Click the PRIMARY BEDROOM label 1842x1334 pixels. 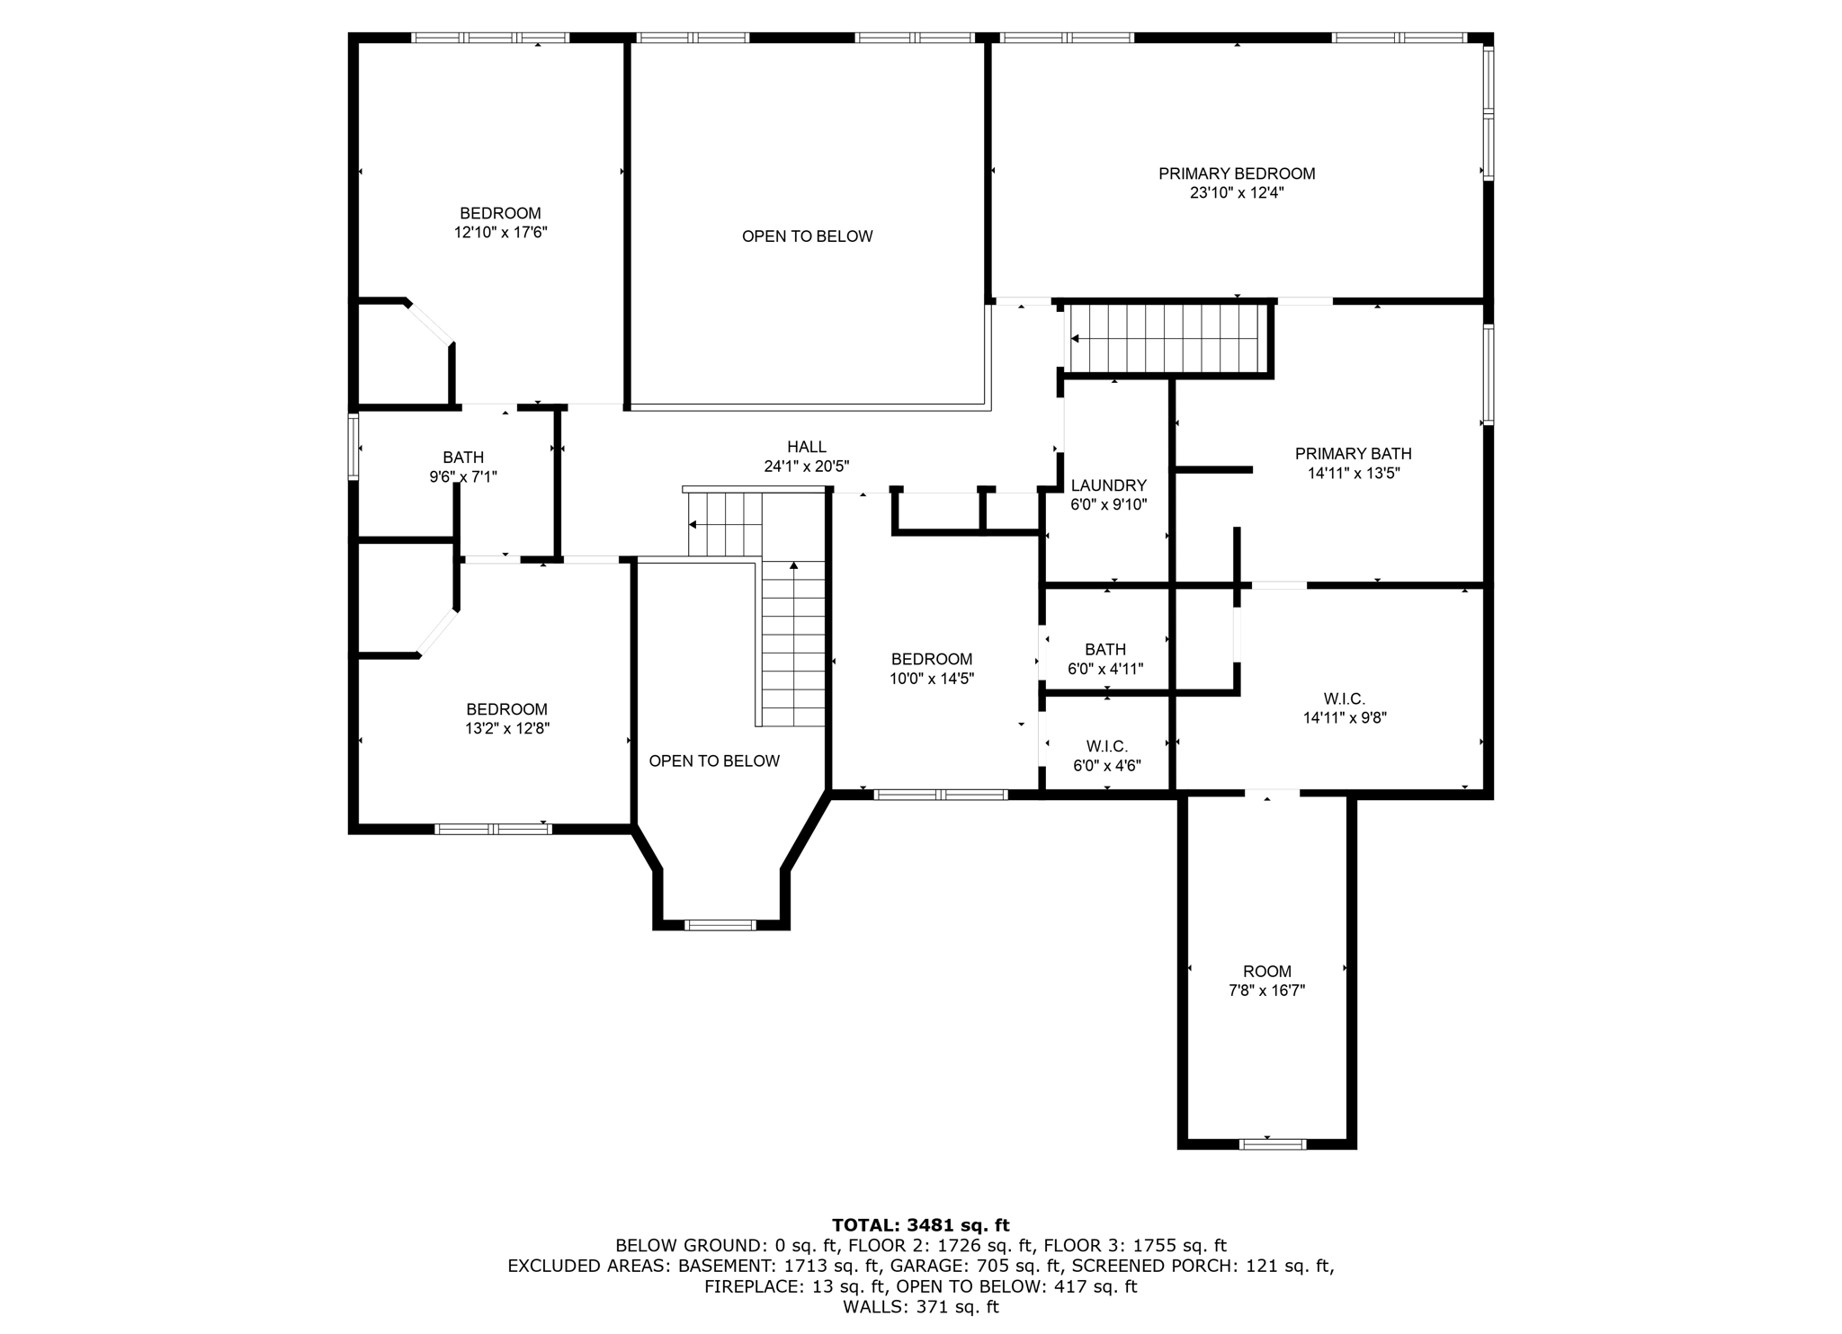[x=1236, y=173]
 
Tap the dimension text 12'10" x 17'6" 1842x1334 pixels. [x=500, y=233]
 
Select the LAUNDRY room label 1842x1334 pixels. [x=1108, y=485]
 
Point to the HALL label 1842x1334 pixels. [x=806, y=447]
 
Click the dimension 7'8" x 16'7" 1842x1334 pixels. [x=1266, y=991]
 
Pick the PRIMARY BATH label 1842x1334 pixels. [x=1353, y=454]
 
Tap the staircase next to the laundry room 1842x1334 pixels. [x=1166, y=339]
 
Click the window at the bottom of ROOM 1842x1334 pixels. [x=1272, y=1143]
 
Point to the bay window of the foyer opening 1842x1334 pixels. [x=720, y=924]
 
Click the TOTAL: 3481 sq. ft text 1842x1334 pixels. [x=920, y=1224]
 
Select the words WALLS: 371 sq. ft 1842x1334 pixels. [x=920, y=1307]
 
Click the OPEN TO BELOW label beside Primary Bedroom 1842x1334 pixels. [x=807, y=236]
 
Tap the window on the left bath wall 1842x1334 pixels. [x=353, y=446]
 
